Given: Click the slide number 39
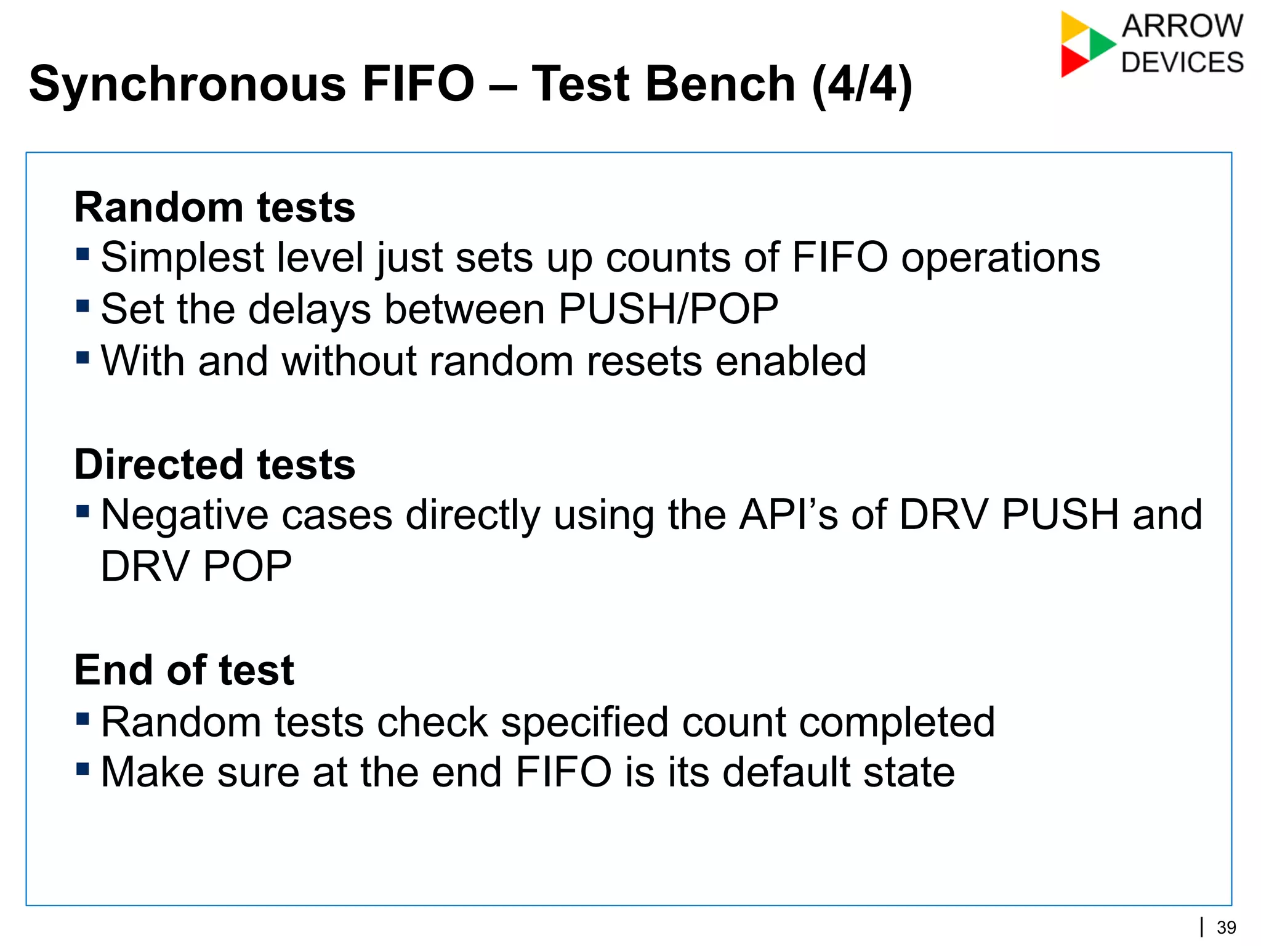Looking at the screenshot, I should pyautogui.click(x=1227, y=927).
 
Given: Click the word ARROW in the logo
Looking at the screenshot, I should pyautogui.click(x=1182, y=26).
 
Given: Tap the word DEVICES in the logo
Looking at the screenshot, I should pyautogui.click(x=1182, y=63).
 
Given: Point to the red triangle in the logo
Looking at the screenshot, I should pyautogui.click(x=1073, y=62).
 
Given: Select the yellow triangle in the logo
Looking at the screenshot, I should pyautogui.click(x=1073, y=26).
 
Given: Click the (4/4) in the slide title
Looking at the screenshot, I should pyautogui.click(x=862, y=84).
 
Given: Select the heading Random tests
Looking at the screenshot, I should pyautogui.click(x=214, y=208).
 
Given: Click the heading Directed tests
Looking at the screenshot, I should pyautogui.click(x=214, y=464).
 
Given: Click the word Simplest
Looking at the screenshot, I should pyautogui.click(x=182, y=258).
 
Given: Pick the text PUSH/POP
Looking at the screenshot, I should pyautogui.click(x=668, y=309).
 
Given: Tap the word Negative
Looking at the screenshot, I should pyautogui.click(x=185, y=515).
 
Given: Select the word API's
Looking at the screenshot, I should pyautogui.click(x=788, y=515).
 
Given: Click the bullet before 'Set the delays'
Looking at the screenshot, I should pyautogui.click(x=83, y=306).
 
